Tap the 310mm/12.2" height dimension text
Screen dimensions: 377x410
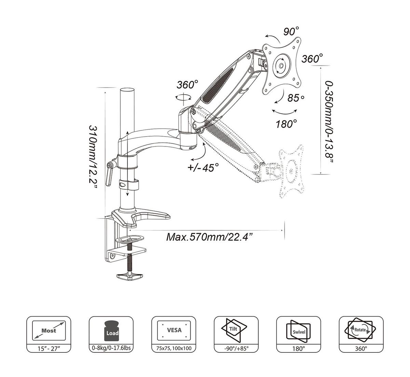pos(94,156)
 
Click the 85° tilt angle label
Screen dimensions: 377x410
pos(296,98)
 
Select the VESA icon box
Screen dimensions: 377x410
pos(174,330)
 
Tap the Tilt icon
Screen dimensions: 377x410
pos(236,330)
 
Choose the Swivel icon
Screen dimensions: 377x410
pos(299,330)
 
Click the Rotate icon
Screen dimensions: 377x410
pos(361,330)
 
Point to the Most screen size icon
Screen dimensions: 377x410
pos(49,330)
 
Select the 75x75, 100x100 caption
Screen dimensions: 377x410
pos(174,349)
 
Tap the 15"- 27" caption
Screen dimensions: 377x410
pos(49,349)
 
